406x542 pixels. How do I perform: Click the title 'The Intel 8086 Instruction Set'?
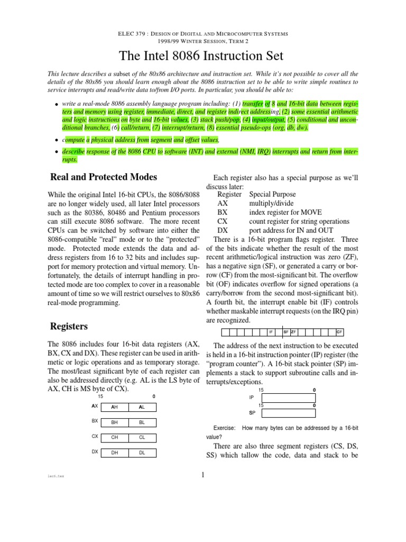click(x=203, y=56)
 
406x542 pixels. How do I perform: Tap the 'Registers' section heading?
click(x=69, y=326)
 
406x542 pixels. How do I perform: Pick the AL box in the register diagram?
click(x=142, y=407)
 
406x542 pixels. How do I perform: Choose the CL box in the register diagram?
click(x=142, y=438)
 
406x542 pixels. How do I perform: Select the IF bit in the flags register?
click(x=271, y=332)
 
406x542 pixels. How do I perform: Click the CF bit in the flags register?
click(x=339, y=332)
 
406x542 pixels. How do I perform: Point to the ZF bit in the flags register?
click(x=293, y=332)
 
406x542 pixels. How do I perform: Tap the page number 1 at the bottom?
click(x=203, y=474)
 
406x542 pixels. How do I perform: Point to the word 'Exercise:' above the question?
click(x=225, y=427)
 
